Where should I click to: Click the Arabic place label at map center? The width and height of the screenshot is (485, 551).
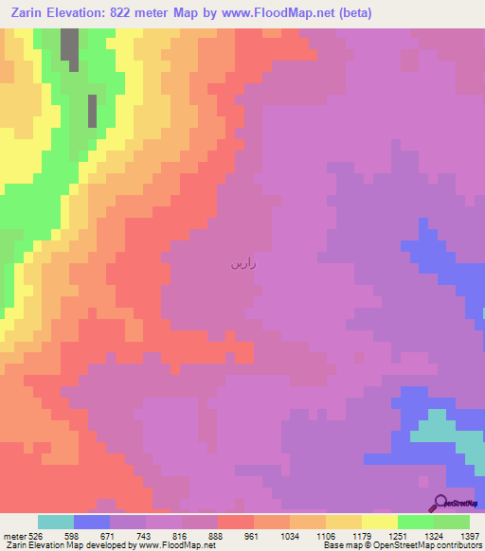click(243, 264)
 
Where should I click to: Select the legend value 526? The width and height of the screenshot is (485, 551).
click(37, 535)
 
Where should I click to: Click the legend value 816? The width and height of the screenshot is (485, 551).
click(181, 535)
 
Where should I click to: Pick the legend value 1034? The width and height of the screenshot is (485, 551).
click(289, 535)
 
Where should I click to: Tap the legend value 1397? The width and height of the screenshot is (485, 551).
click(470, 535)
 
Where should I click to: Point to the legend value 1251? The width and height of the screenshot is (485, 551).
click(397, 535)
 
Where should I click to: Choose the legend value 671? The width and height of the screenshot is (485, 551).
click(109, 535)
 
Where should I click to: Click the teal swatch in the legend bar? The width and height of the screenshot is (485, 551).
click(55, 522)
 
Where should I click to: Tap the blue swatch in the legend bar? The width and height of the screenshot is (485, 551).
click(91, 522)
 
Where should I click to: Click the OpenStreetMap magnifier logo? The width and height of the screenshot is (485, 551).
click(439, 503)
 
